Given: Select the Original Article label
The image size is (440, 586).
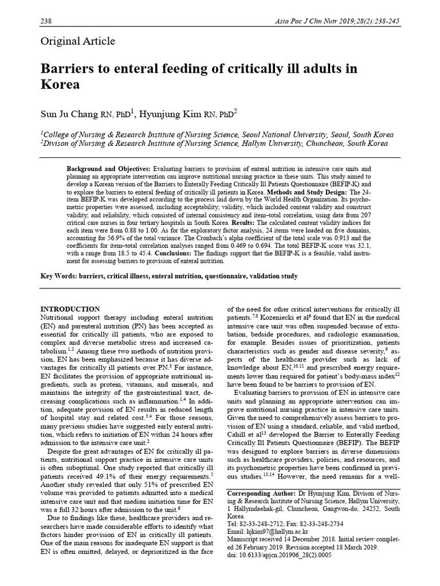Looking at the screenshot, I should (78, 41).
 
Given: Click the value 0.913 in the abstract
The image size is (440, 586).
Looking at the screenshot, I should (339, 236).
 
